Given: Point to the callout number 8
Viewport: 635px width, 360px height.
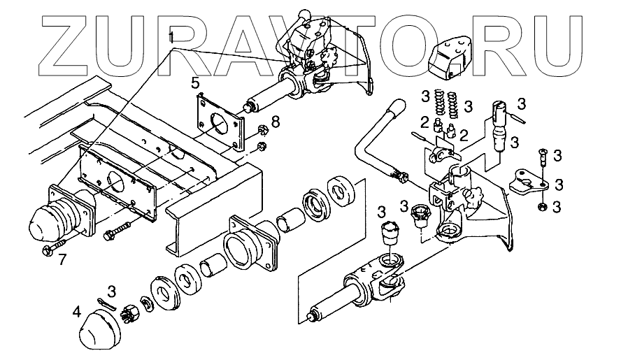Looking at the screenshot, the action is pos(275,122).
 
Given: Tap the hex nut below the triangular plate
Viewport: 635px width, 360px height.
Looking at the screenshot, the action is pos(542,208).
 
